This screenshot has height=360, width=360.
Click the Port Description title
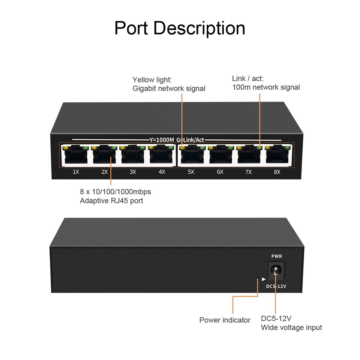click(x=180, y=28)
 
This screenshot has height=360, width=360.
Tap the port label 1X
click(x=76, y=172)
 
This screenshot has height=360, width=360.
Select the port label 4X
click(x=162, y=172)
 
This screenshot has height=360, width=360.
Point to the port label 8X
click(x=277, y=172)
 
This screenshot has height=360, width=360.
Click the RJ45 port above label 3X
click(x=132, y=155)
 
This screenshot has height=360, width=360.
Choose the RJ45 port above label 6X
click(x=220, y=155)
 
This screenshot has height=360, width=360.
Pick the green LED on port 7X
click(x=259, y=148)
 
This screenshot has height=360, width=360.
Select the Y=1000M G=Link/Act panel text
click(x=177, y=140)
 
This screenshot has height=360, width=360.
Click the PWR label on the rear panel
click(x=276, y=256)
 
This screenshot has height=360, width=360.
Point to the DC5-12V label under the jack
click(x=276, y=286)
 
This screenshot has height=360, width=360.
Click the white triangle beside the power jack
click(x=264, y=279)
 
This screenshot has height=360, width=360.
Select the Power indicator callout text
click(x=225, y=320)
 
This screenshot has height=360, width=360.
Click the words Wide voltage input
click(x=291, y=327)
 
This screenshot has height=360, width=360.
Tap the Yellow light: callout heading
click(x=152, y=79)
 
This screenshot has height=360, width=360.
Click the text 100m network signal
click(x=266, y=87)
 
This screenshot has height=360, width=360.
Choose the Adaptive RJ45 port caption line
click(x=111, y=201)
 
